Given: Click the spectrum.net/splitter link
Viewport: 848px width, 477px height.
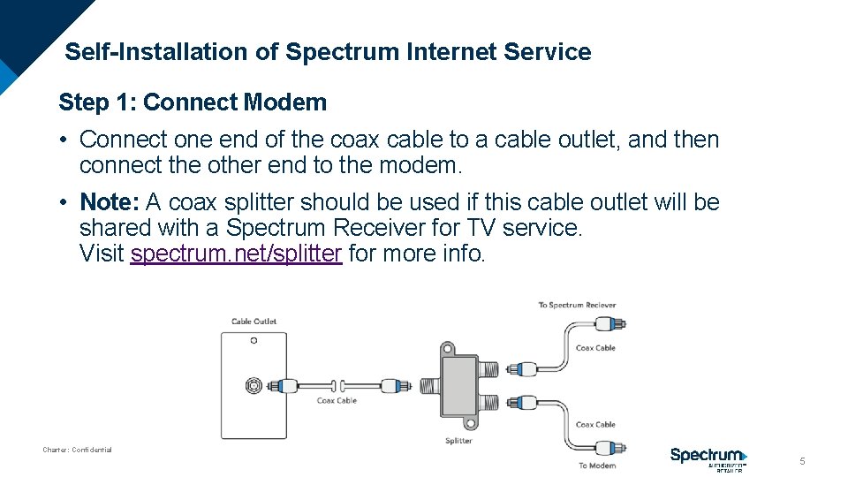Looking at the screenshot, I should [236, 254].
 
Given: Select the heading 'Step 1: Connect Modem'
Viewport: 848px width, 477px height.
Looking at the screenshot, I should [193, 102].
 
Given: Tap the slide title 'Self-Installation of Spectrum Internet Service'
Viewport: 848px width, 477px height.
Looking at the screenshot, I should [329, 52].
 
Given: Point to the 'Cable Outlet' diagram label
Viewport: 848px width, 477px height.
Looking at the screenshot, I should [254, 322].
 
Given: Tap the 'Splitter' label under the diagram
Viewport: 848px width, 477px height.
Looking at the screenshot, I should [458, 441].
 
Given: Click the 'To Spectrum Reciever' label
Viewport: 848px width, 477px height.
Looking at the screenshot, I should [577, 306].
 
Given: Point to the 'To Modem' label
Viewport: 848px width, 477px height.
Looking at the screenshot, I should [597, 466].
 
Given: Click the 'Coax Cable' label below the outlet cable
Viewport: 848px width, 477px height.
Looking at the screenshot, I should [337, 401].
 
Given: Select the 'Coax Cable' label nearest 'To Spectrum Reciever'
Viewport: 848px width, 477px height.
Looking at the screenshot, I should [595, 348].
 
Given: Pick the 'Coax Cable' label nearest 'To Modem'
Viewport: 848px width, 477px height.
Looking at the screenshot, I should [595, 425].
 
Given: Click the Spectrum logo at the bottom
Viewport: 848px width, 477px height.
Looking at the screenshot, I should [708, 458].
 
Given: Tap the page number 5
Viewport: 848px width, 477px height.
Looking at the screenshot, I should [802, 461].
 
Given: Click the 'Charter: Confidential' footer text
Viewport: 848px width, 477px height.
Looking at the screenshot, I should [78, 450].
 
